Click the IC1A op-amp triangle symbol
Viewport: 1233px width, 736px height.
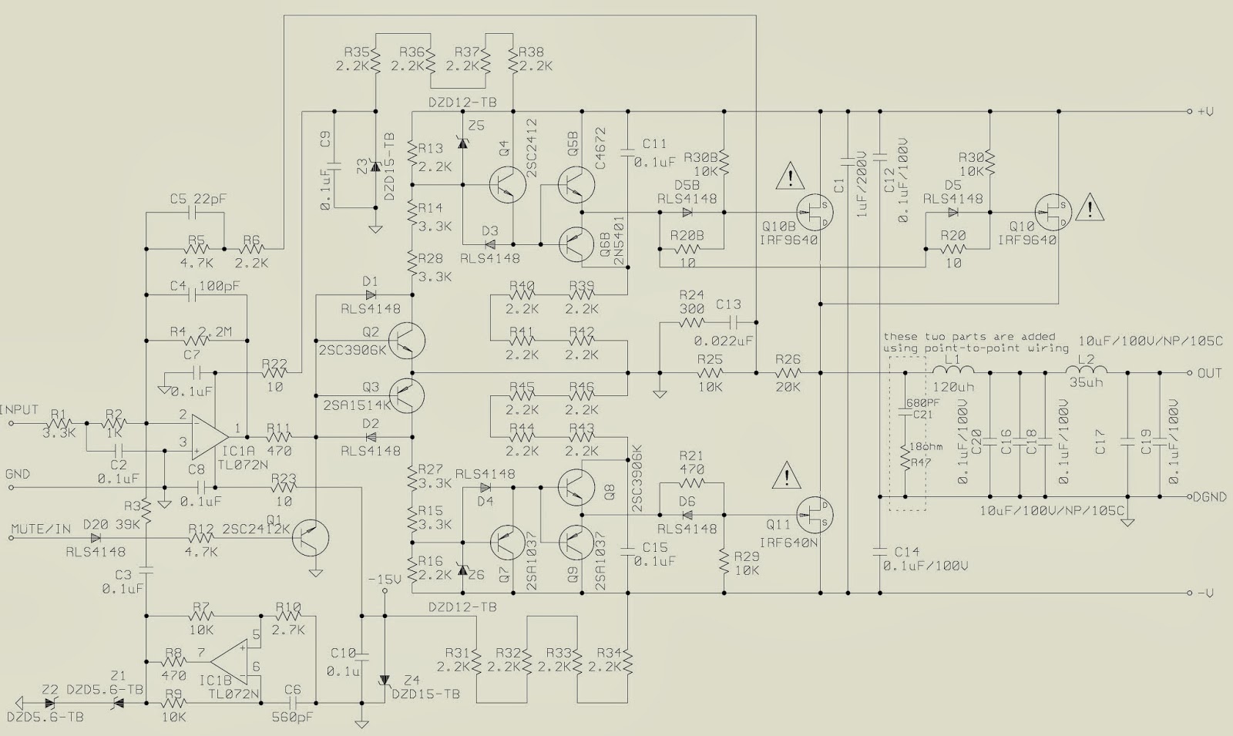[210, 437]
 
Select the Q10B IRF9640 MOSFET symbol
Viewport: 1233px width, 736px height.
[815, 213]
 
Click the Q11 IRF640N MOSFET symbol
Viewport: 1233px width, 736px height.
[815, 515]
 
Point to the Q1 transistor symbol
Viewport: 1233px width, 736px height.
[310, 537]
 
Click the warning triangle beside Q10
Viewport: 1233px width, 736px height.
[1090, 207]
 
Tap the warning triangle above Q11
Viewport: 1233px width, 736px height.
[787, 475]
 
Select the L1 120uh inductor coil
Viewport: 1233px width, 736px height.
[952, 370]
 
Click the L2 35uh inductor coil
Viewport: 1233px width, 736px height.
[1086, 370]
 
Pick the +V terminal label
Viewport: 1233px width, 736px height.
[1205, 111]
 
